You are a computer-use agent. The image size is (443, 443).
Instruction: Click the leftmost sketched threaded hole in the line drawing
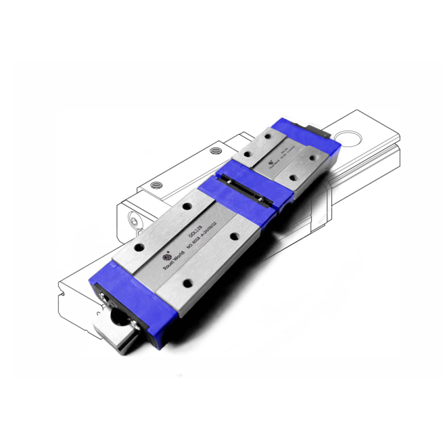[x=156, y=183]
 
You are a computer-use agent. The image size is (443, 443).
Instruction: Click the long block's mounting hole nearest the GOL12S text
[x=184, y=206]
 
